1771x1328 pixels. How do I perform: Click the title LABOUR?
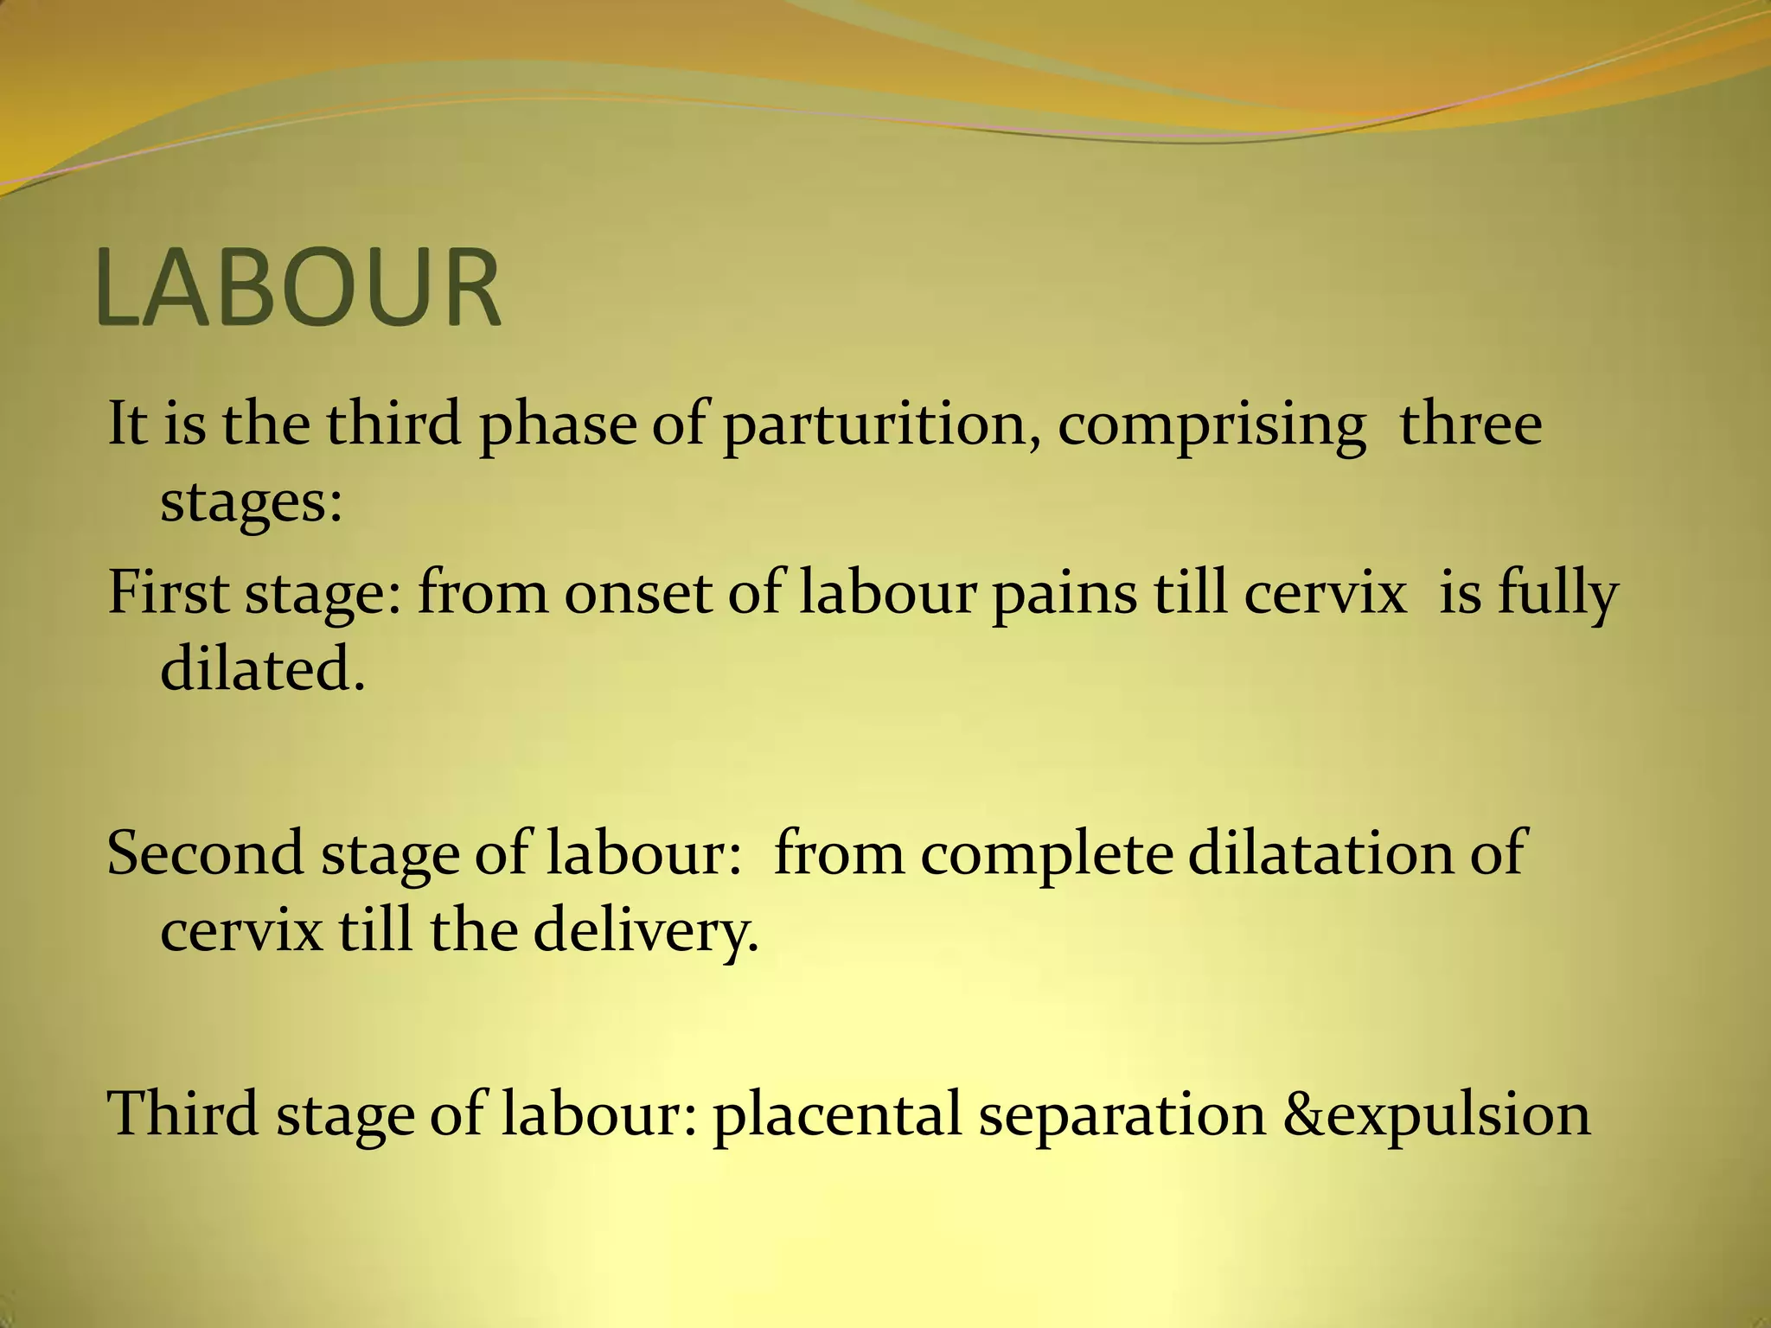[297, 287]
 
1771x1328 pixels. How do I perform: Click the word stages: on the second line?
[252, 501]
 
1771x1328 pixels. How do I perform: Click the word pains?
[1064, 593]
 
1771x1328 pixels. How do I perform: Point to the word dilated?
[263, 669]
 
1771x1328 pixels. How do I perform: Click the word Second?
[205, 852]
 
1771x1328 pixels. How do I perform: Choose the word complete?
[1046, 852]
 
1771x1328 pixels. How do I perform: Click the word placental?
[837, 1114]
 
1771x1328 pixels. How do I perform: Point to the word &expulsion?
[1436, 1114]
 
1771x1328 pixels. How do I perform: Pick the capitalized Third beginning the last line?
[182, 1114]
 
